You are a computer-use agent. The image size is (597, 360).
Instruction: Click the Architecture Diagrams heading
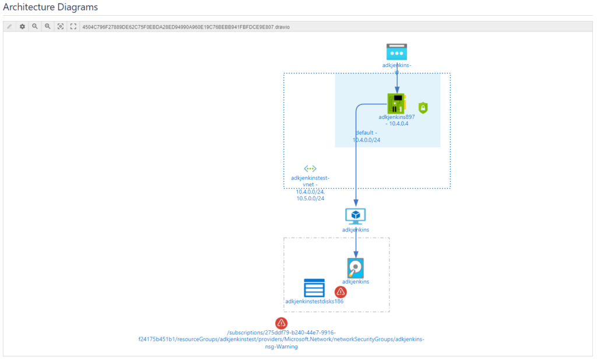tap(51, 8)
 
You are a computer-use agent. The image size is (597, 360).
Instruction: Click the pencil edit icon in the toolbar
tap(9, 27)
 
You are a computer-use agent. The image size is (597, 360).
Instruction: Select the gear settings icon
tap(22, 27)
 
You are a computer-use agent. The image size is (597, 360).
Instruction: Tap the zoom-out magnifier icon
tap(48, 27)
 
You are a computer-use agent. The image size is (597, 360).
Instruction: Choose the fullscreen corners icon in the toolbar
tap(73, 27)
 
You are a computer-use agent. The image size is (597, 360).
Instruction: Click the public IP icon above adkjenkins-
tap(396, 52)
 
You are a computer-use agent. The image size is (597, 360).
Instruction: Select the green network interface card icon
tap(396, 103)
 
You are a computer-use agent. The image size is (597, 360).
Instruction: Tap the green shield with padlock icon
tap(423, 108)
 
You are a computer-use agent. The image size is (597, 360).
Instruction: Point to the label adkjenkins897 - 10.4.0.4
tap(396, 120)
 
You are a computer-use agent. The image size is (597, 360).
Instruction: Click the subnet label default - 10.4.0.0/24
tap(367, 136)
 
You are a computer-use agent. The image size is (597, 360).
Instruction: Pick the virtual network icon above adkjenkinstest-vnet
tap(310, 168)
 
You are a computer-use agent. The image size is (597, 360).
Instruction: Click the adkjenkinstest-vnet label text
tap(310, 181)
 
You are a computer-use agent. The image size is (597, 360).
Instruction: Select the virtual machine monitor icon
tap(355, 216)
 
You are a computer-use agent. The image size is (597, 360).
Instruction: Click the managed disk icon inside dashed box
tap(355, 267)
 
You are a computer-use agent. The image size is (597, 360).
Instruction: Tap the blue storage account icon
tap(314, 288)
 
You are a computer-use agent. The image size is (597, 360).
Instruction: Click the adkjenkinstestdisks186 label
tap(314, 302)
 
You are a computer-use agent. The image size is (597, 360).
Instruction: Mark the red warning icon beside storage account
tap(340, 292)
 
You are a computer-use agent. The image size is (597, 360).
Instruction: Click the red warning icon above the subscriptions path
tap(282, 323)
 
